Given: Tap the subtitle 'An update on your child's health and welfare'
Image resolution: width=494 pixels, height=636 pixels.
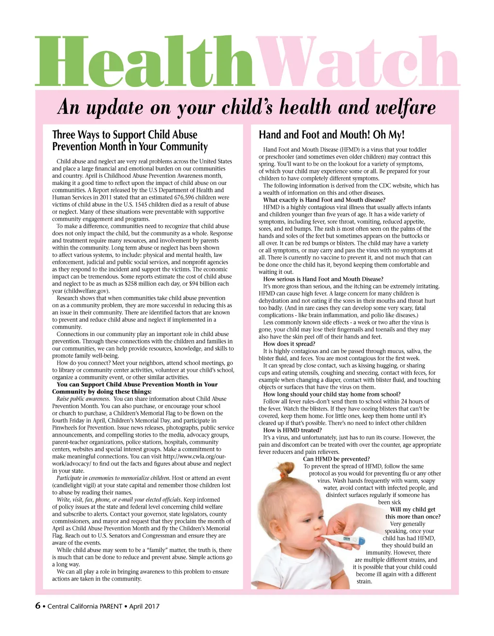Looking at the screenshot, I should (247, 107).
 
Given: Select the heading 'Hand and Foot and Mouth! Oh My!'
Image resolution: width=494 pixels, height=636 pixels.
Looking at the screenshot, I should (331, 135).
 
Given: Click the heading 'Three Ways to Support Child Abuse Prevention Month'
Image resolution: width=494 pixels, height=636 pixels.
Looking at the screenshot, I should (130, 141).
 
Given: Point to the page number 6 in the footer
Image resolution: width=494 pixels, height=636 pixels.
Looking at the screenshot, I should (38, 606).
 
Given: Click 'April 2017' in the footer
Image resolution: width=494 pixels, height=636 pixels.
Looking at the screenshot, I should (144, 607).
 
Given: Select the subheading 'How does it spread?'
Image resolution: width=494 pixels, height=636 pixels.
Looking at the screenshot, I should (289, 344).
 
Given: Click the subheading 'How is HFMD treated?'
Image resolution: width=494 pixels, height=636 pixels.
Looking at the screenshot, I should (292, 430).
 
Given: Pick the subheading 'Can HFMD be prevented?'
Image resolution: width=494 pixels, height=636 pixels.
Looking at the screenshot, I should (336, 459).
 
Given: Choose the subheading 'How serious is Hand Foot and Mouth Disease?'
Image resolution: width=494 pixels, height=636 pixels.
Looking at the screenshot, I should (323, 279).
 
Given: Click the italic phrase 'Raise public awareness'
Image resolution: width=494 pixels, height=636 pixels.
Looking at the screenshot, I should (83, 399).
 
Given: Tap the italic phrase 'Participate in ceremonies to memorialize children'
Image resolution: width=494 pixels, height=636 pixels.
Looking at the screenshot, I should (113, 478).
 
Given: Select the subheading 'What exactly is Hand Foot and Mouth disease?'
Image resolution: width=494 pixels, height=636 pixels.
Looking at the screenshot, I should (324, 200).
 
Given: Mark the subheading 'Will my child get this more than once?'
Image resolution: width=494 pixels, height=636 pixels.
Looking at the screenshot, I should (413, 513).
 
